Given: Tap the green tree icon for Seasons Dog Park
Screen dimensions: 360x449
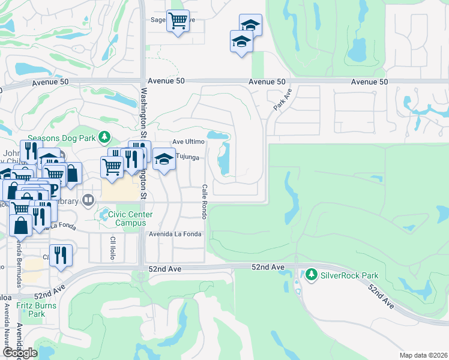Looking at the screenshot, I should pos(104,137).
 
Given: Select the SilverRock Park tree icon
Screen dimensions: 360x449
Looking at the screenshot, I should pos(311,275).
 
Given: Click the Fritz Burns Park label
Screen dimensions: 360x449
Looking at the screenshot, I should pos(37,310).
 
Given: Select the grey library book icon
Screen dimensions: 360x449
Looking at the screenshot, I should pos(88,199).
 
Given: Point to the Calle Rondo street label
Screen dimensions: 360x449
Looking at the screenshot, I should pos(205,202).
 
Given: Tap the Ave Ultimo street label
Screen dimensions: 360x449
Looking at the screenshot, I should pos(188,142).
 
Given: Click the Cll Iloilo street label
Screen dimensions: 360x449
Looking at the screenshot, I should pos(112,247).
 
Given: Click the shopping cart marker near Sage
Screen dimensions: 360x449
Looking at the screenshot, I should pos(178,21).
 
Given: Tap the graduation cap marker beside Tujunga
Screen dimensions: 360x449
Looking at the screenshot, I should pos(164,159).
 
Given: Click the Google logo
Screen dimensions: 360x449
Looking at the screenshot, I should pos(20,353).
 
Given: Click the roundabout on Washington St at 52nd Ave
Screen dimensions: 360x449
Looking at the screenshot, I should pos(141,276).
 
